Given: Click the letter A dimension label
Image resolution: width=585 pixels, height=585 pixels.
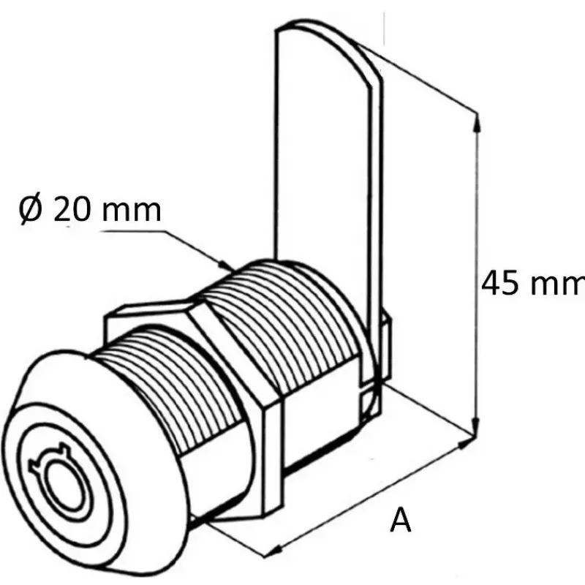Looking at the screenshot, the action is pyautogui.click(x=400, y=520).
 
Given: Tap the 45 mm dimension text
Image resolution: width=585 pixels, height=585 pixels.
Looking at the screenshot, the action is pyautogui.click(x=533, y=284).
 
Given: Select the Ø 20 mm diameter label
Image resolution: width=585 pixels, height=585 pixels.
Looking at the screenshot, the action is pyautogui.click(x=90, y=209).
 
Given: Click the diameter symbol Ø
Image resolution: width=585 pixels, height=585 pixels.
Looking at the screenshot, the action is pyautogui.click(x=30, y=209).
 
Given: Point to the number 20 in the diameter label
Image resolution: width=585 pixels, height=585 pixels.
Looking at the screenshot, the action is pyautogui.click(x=72, y=209).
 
